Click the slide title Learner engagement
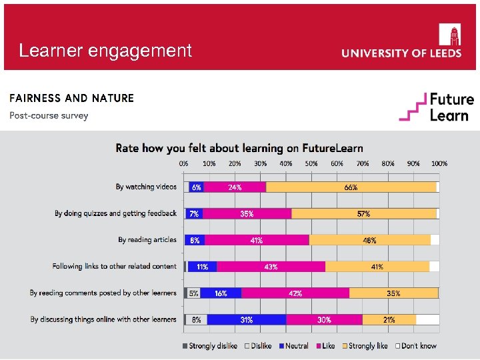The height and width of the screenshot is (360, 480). click(105, 51)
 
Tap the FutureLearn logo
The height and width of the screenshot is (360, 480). click(437, 107)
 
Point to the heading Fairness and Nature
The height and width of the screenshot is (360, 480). click(71, 98)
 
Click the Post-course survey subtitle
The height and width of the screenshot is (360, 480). click(49, 115)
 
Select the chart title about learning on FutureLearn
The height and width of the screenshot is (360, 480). click(239, 147)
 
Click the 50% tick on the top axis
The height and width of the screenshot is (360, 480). click(311, 163)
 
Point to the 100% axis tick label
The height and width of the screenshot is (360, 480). click(439, 163)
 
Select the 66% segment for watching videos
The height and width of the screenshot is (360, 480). click(351, 187)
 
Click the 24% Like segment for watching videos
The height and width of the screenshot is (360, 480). click(235, 187)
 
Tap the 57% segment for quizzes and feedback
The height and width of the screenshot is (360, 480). click(363, 214)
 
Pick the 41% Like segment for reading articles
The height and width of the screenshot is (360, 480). click(257, 240)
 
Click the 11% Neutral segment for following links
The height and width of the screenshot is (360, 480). click(202, 267)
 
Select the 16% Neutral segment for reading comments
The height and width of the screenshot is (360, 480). click(221, 293)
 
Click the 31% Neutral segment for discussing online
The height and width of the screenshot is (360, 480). click(247, 319)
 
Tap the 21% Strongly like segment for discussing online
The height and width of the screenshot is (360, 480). click(389, 319)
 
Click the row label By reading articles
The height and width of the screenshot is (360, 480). click(147, 240)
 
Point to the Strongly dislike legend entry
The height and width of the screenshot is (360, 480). click(209, 346)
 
